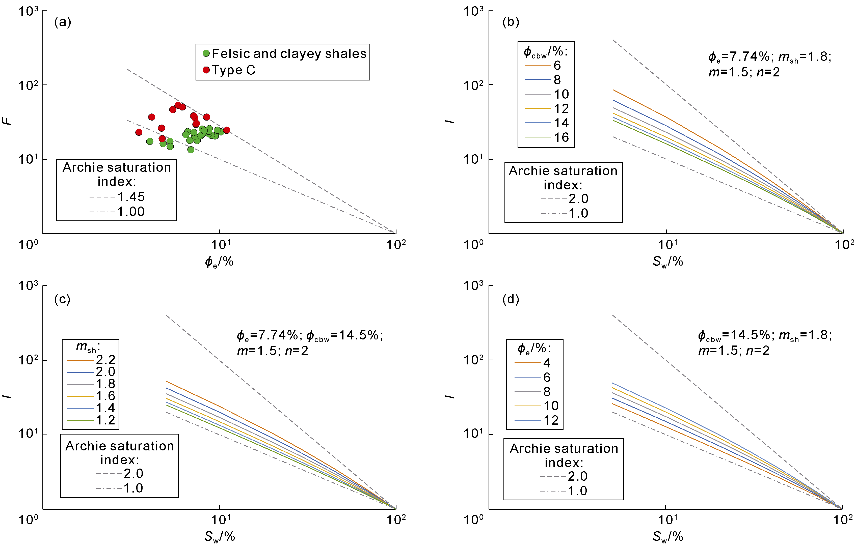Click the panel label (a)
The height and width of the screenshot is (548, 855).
(x=63, y=22)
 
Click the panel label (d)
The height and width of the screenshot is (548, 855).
(x=511, y=299)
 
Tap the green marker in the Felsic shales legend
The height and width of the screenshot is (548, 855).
(x=206, y=53)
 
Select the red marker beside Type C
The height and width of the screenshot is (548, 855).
(x=206, y=70)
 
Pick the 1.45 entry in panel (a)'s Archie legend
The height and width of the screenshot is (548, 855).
(x=131, y=197)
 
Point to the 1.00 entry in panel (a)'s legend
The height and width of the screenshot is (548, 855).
(x=131, y=212)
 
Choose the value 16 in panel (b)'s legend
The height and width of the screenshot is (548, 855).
(x=561, y=137)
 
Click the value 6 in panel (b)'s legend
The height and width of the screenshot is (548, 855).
(x=557, y=66)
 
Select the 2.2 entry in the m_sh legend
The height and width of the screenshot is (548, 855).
(x=105, y=360)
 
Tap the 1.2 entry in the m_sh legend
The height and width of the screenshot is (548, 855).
(x=105, y=420)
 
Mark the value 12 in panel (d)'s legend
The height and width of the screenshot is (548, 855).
(x=551, y=420)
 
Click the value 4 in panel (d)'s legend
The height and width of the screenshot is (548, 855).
(x=547, y=363)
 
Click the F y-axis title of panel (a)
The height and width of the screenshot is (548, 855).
(x=7, y=121)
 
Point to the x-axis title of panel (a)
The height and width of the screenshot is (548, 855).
(x=219, y=262)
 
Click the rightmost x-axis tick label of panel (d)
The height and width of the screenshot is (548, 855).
(x=843, y=520)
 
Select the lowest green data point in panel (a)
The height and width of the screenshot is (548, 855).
(x=191, y=150)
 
